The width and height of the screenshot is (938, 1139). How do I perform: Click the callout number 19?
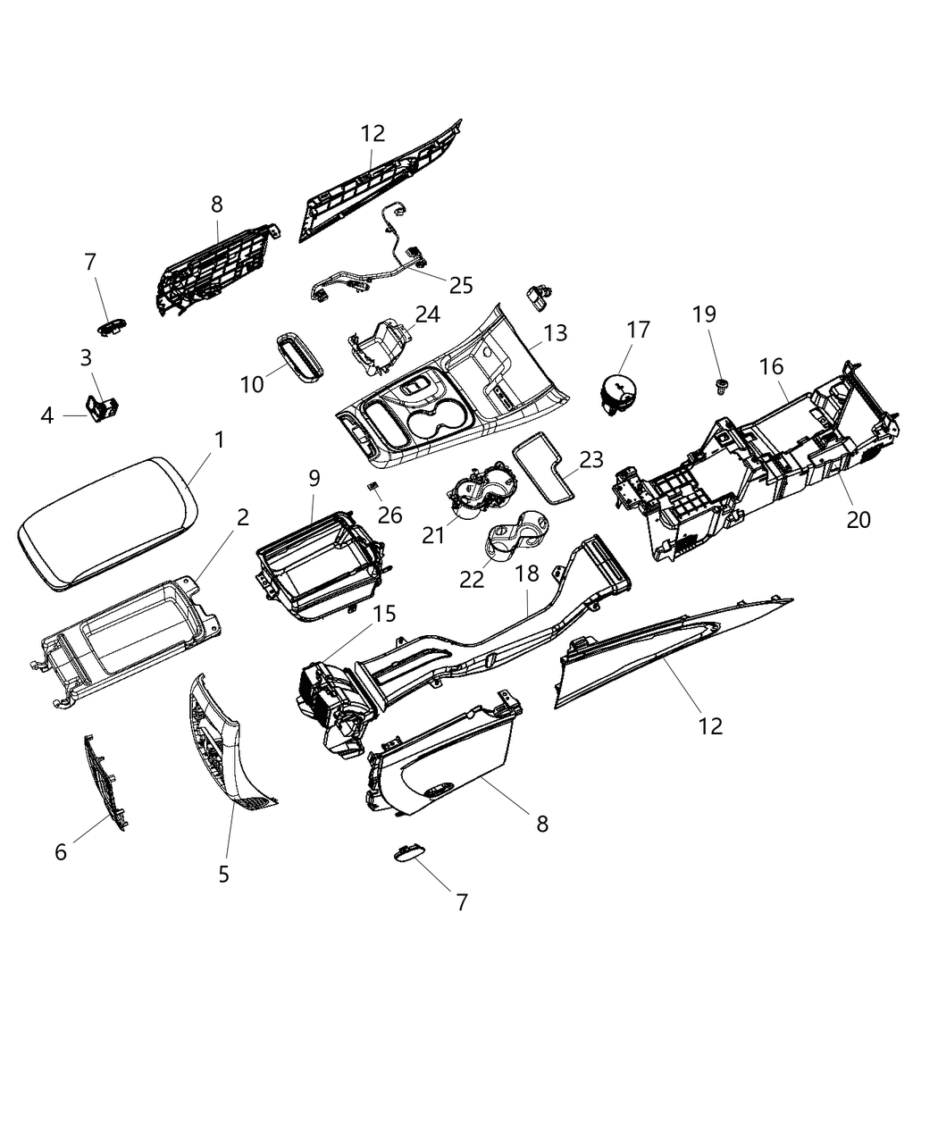click(x=704, y=314)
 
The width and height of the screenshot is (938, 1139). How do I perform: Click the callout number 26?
click(x=389, y=515)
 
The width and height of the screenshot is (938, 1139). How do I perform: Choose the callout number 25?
click(x=461, y=285)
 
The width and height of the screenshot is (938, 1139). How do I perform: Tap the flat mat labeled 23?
click(x=546, y=470)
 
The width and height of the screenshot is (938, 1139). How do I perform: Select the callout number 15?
click(x=384, y=614)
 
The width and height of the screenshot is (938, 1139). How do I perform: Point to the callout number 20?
click(x=858, y=519)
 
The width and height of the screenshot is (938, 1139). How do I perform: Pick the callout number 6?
click(x=61, y=852)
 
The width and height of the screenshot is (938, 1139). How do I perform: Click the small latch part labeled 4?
click(x=101, y=408)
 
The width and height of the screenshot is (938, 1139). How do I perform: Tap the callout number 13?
click(x=555, y=333)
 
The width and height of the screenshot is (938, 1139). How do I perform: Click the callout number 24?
click(x=427, y=314)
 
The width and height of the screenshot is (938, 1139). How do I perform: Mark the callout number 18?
click(x=528, y=574)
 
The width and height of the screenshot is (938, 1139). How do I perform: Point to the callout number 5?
click(x=223, y=874)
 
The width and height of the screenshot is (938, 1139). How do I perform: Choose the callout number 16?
click(x=771, y=366)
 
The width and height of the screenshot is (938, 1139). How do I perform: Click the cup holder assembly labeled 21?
click(x=478, y=494)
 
